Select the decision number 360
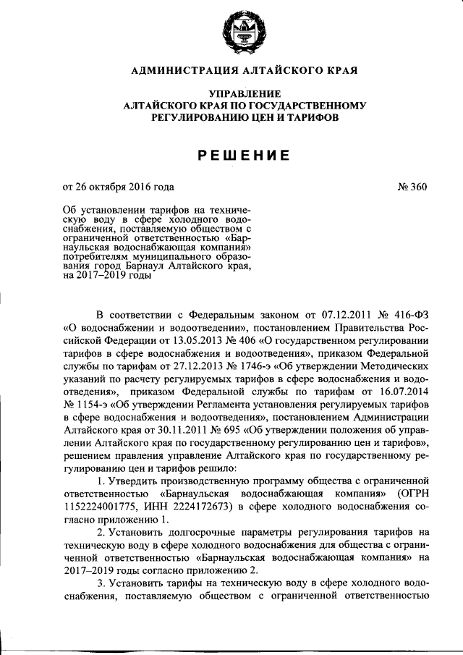[419, 188]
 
